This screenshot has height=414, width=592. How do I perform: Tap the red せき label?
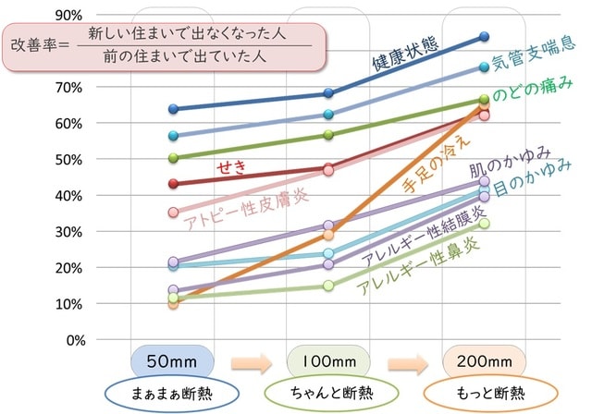pos(229,166)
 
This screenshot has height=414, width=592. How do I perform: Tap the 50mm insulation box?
pos(174,360)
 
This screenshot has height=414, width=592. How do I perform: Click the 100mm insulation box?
pos(329,360)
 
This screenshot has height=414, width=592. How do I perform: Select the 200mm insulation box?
pos(484,360)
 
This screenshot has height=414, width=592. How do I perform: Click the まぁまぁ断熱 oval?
pos(174,392)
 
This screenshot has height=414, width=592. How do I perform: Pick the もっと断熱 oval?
pos(484,392)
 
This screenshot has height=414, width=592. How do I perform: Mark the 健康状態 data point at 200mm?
pos(485,37)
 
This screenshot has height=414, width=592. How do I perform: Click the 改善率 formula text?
pos(157,44)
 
